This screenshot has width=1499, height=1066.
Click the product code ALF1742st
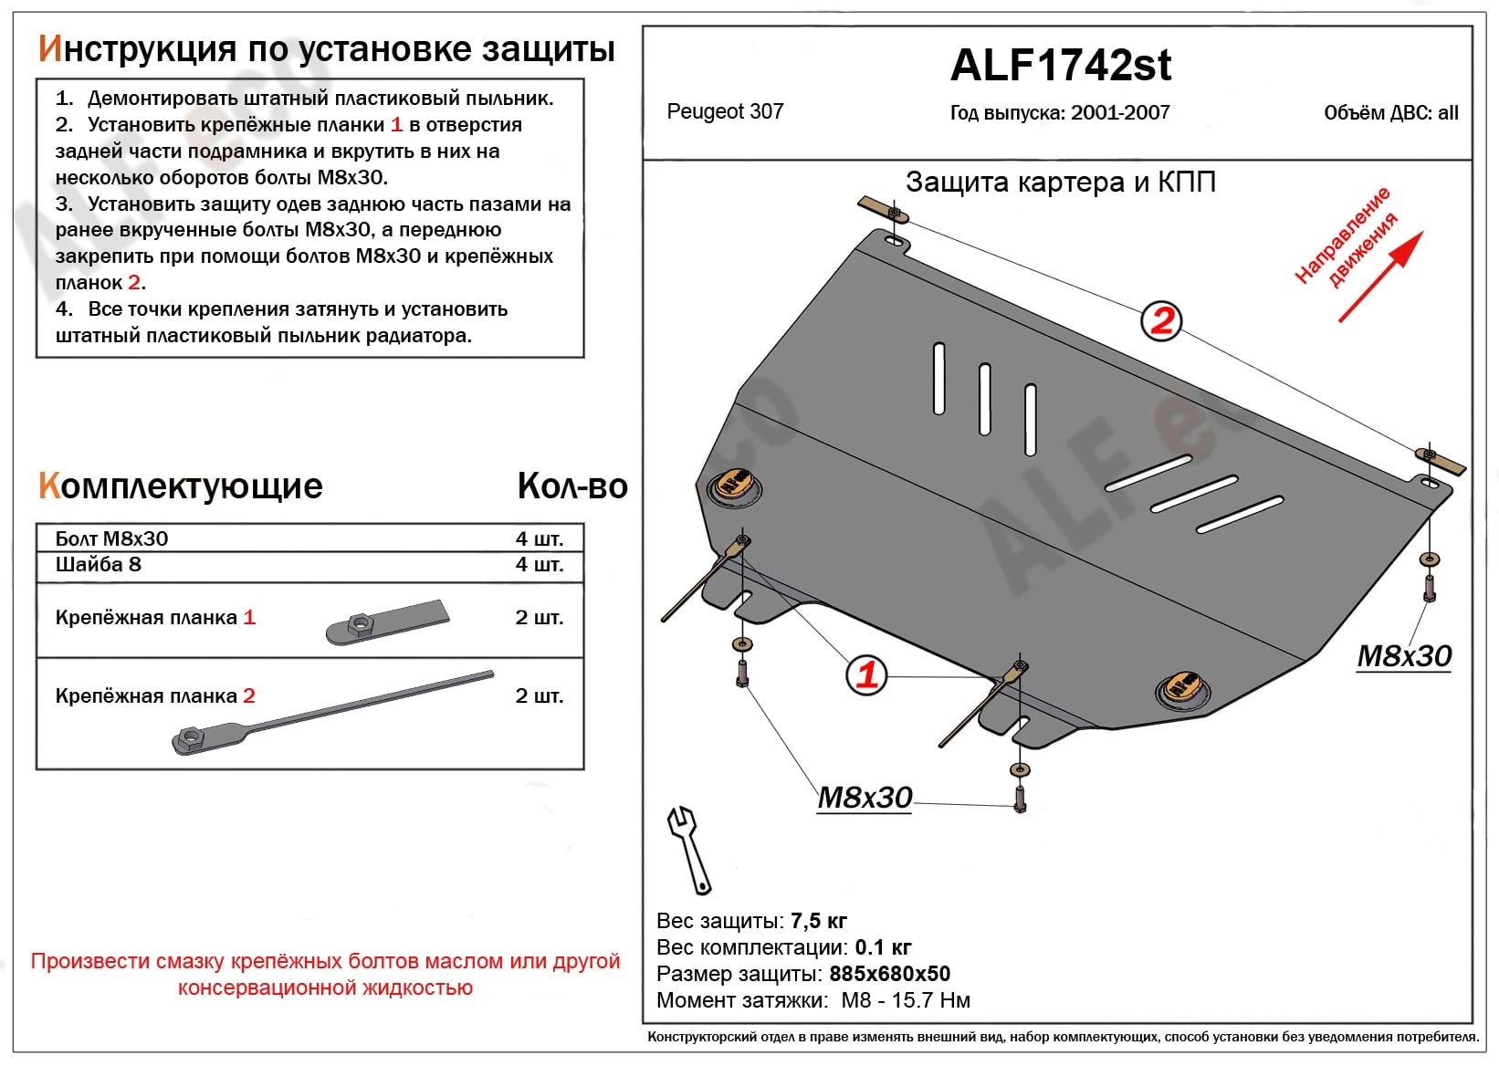[1061, 66]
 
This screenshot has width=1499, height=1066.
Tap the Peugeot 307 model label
[725, 111]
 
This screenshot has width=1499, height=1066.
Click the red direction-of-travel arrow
[1380, 277]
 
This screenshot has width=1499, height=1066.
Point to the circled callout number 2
[1161, 321]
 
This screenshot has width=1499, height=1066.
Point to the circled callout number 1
[866, 674]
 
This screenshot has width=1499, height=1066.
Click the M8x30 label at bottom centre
[864, 798]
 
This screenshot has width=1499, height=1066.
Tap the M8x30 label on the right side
[1403, 655]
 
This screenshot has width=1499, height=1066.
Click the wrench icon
[688, 849]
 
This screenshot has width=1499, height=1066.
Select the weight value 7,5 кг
[819, 920]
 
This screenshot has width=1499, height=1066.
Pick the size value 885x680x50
[889, 974]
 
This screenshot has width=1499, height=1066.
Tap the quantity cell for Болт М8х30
[539, 538]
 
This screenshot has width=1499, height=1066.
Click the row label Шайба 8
[99, 564]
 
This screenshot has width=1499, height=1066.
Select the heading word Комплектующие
[180, 486]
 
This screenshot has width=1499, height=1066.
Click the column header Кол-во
[572, 486]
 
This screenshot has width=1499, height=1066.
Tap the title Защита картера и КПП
[1060, 182]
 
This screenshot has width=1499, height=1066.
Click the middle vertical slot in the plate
[985, 399]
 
